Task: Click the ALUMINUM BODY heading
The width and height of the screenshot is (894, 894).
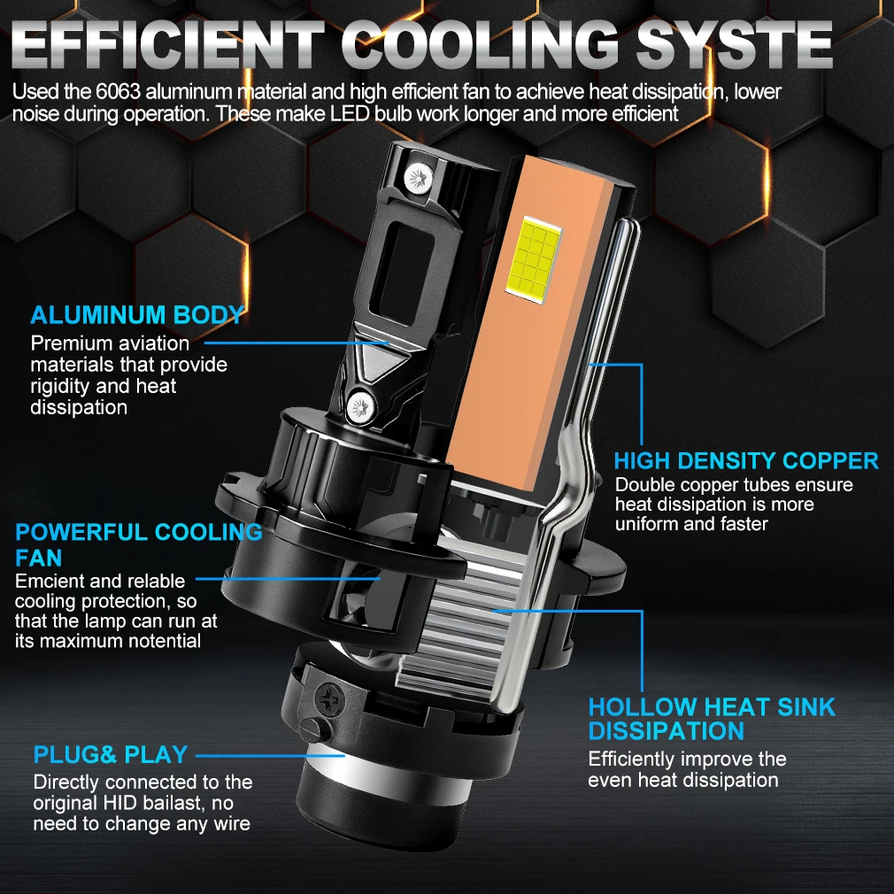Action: pos(137,315)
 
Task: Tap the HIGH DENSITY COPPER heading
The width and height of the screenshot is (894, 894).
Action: pos(746,460)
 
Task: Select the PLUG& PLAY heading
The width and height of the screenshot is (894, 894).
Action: pos(111,754)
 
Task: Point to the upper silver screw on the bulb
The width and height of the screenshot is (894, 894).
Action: pos(419,179)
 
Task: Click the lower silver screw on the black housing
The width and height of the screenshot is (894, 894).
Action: pos(361,406)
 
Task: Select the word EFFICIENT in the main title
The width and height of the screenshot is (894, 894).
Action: pos(167,44)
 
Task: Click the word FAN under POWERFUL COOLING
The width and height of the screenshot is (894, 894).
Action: pos(38,558)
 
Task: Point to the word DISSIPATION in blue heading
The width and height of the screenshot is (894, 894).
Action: pos(666,731)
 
